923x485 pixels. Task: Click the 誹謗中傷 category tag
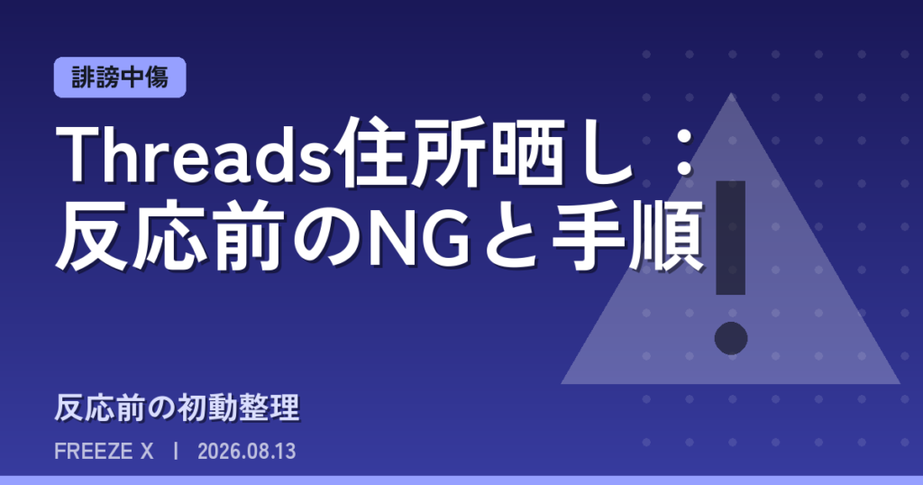click(x=120, y=78)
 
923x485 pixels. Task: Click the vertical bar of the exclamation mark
click(x=730, y=238)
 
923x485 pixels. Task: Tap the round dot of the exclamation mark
click(x=731, y=338)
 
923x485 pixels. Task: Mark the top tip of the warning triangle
click(x=731, y=93)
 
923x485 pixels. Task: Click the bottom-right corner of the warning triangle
click(x=900, y=384)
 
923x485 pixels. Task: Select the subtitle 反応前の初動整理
click(x=178, y=407)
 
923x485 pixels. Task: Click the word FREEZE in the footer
click(x=94, y=452)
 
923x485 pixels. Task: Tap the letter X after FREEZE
click(x=147, y=452)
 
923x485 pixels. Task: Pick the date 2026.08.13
click(x=247, y=452)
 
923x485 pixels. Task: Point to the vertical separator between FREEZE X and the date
click(x=176, y=452)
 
